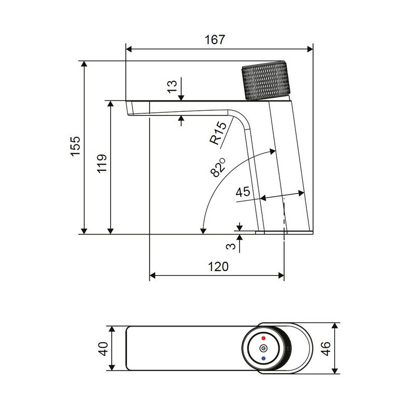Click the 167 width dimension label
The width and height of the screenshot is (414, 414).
[215, 40]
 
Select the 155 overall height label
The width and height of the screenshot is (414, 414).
[75, 146]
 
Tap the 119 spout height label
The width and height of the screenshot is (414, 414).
[102, 164]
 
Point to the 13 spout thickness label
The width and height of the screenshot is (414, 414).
[172, 86]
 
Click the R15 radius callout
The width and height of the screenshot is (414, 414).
[218, 133]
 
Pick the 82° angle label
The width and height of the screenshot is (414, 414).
[217, 167]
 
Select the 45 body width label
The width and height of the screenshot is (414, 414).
[243, 192]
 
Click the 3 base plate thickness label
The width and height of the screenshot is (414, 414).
[231, 246]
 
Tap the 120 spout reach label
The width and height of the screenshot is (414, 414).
[218, 267]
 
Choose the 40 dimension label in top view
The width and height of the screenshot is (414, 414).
[103, 348]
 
